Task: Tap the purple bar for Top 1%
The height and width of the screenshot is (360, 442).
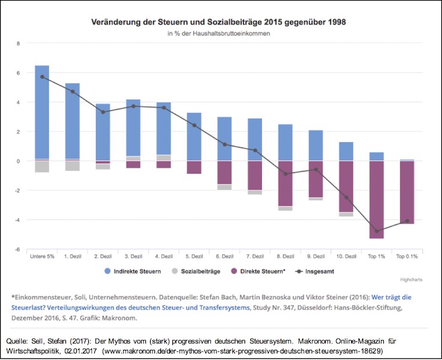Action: coord(376,199)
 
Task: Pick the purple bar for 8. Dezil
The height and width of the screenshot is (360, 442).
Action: coord(285,183)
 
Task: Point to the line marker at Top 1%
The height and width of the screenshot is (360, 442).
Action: coord(377,231)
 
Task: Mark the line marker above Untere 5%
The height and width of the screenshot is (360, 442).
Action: coord(42,77)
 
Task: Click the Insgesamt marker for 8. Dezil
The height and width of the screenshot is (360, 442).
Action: coord(285,174)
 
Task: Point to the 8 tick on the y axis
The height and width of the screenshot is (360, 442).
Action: coord(19,43)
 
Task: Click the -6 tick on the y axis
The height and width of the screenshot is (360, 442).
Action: coord(18,249)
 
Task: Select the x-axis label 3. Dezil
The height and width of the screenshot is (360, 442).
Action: coord(133,256)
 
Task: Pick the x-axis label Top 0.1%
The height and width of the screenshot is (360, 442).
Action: coord(407,256)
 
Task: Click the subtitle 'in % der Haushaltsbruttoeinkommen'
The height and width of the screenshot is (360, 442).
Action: coord(218,34)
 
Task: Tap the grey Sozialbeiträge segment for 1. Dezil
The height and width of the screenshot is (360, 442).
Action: coord(73,166)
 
